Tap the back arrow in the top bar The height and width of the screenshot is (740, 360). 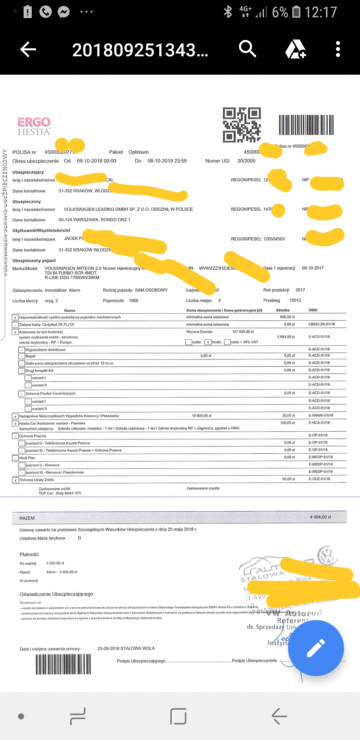point(28,50)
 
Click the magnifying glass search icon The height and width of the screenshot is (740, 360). point(247,49)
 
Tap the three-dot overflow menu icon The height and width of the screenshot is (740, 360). point(338,49)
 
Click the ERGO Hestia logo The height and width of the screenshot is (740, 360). point(34,126)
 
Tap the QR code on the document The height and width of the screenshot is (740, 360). point(242,125)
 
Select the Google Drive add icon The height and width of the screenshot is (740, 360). point(295,49)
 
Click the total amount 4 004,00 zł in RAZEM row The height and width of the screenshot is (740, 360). point(320,517)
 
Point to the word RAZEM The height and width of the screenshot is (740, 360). point(27,518)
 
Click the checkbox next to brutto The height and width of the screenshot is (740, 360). point(208,342)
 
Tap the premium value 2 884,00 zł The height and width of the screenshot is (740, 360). point(286,337)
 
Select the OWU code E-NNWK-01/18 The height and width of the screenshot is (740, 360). point(321,415)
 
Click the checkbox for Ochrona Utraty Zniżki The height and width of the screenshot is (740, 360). point(15,480)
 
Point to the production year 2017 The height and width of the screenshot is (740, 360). point(300,290)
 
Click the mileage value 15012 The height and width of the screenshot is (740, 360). point(295,300)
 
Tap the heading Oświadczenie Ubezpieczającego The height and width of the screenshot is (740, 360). point(56,594)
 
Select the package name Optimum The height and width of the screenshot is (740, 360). point(138,152)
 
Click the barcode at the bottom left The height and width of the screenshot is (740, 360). point(63,664)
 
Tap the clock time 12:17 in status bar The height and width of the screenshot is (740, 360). point(321,12)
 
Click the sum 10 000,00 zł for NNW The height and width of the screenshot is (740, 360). point(202,416)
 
